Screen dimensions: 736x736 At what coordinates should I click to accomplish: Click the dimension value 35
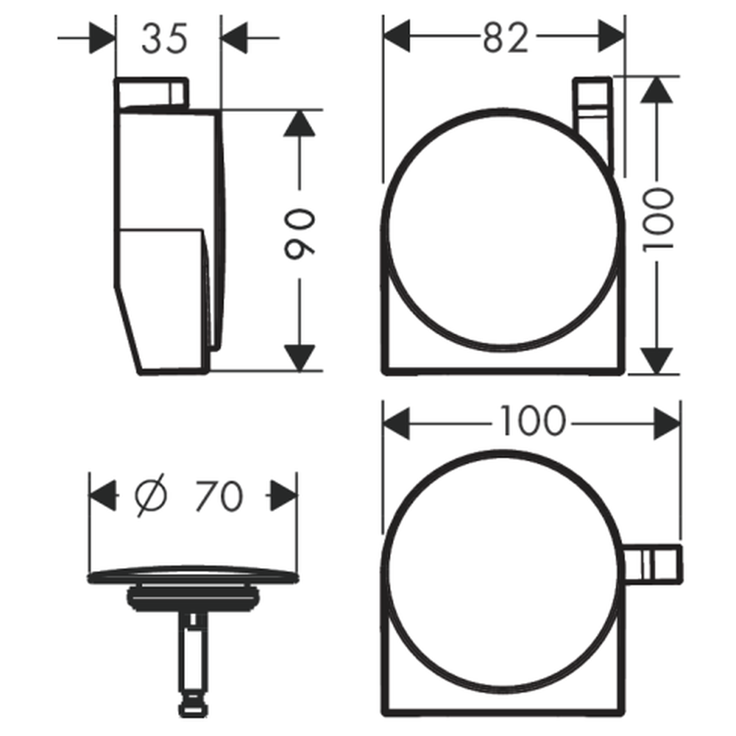pyautogui.click(x=164, y=38)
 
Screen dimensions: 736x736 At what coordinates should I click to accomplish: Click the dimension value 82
pyautogui.click(x=505, y=37)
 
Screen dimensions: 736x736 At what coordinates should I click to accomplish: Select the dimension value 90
pyautogui.click(x=300, y=234)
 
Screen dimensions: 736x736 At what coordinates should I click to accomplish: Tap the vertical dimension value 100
pyautogui.click(x=657, y=219)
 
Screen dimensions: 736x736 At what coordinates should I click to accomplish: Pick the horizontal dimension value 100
pyautogui.click(x=532, y=420)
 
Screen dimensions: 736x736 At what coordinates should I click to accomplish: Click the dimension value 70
pyautogui.click(x=219, y=495)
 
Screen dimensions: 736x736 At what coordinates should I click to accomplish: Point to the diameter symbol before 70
pyautogui.click(x=151, y=495)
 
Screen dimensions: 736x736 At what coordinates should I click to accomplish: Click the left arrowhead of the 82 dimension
pyautogui.click(x=397, y=36)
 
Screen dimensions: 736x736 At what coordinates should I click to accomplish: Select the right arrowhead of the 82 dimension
pyautogui.click(x=612, y=36)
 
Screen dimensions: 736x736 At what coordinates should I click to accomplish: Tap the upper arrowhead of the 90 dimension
pyautogui.click(x=299, y=123)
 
